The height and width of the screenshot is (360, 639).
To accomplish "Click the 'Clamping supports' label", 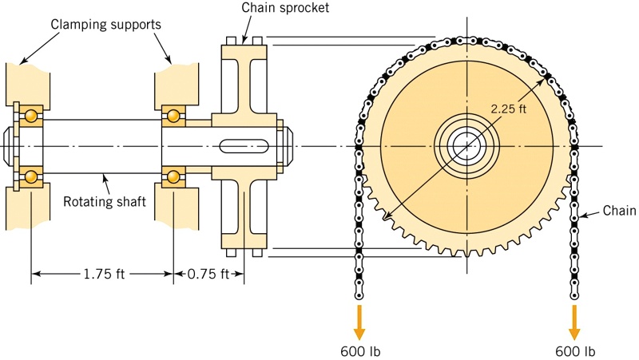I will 106,24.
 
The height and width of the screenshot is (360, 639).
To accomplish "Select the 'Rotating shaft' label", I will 105,201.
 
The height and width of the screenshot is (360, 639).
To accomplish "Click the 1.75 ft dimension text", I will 103,274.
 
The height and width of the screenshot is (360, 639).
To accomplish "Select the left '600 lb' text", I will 359,350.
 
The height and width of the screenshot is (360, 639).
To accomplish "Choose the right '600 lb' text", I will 575,350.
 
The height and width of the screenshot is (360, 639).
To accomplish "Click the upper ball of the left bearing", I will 30,117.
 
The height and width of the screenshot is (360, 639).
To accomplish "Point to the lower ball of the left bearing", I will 30,175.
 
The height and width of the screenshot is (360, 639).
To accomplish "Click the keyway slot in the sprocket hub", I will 244,145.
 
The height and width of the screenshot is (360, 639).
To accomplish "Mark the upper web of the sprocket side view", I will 244,80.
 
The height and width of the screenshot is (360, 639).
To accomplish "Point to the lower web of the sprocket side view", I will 244,212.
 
